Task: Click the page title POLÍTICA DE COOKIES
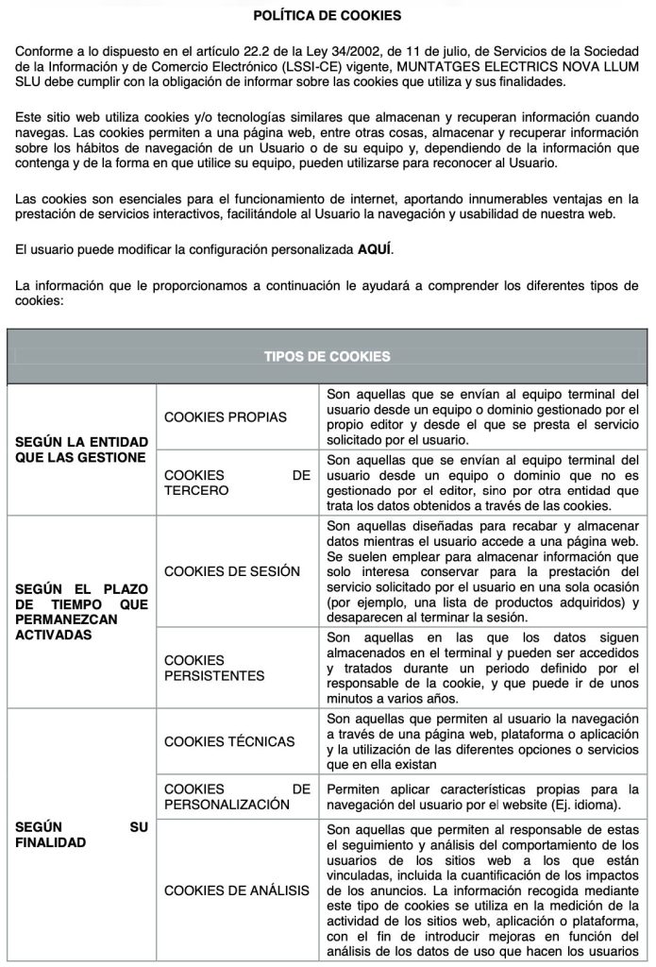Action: (x=328, y=16)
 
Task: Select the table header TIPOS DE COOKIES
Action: (x=328, y=356)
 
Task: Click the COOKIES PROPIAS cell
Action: (x=226, y=416)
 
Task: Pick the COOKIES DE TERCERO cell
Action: (x=237, y=483)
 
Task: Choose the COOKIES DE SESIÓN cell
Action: (x=232, y=571)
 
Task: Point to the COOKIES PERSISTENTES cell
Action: (x=214, y=668)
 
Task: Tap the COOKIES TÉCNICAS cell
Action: (x=229, y=741)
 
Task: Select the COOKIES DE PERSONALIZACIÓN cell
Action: (x=237, y=796)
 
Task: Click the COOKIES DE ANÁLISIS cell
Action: (x=237, y=890)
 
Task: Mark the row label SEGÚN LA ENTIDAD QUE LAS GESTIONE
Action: (x=81, y=450)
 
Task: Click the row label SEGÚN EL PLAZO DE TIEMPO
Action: (x=81, y=612)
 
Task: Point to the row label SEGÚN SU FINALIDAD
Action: (x=81, y=834)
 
